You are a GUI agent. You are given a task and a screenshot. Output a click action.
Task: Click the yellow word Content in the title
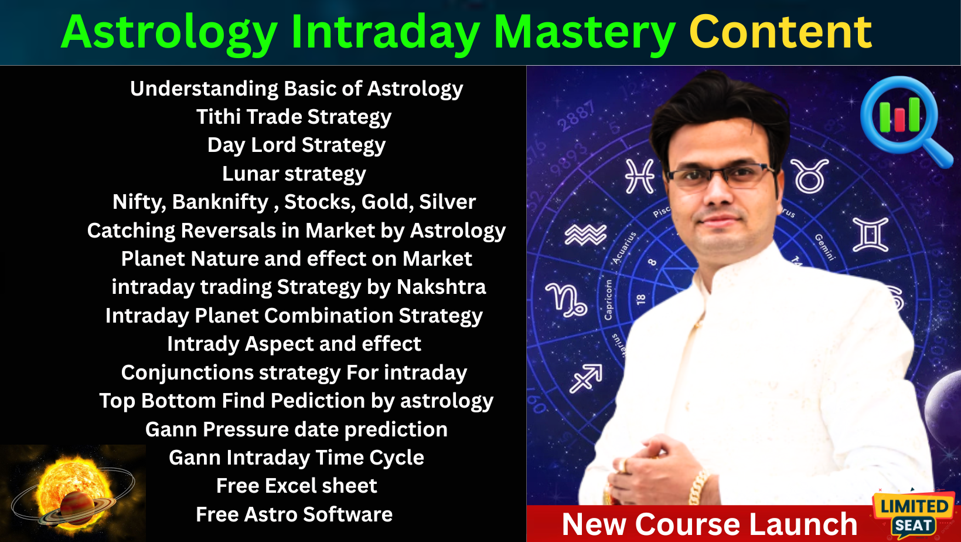click(781, 32)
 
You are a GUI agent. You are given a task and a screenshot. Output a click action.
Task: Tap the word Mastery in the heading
click(584, 33)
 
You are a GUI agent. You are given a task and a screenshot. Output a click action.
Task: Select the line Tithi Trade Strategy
click(294, 117)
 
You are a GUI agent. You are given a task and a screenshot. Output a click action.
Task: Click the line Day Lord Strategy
click(297, 145)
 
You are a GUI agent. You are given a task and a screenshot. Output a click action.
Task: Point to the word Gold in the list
click(384, 202)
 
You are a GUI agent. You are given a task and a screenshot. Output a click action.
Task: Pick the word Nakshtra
click(441, 287)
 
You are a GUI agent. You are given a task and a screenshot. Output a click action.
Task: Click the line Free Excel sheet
click(297, 486)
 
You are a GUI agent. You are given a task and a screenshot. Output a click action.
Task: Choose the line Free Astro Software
click(294, 514)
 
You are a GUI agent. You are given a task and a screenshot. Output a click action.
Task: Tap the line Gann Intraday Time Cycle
click(297, 458)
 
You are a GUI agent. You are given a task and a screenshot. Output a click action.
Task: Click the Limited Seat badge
click(914, 515)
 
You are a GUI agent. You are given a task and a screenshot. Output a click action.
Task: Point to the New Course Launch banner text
click(710, 524)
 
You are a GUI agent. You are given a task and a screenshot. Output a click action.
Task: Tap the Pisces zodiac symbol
click(639, 176)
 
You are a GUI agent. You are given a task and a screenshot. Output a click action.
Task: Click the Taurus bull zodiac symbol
click(810, 175)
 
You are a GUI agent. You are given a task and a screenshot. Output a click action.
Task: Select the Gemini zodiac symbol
click(870, 234)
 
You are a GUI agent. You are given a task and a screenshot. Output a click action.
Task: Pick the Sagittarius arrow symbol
click(586, 378)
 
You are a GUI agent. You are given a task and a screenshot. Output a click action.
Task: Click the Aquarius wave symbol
click(585, 235)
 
